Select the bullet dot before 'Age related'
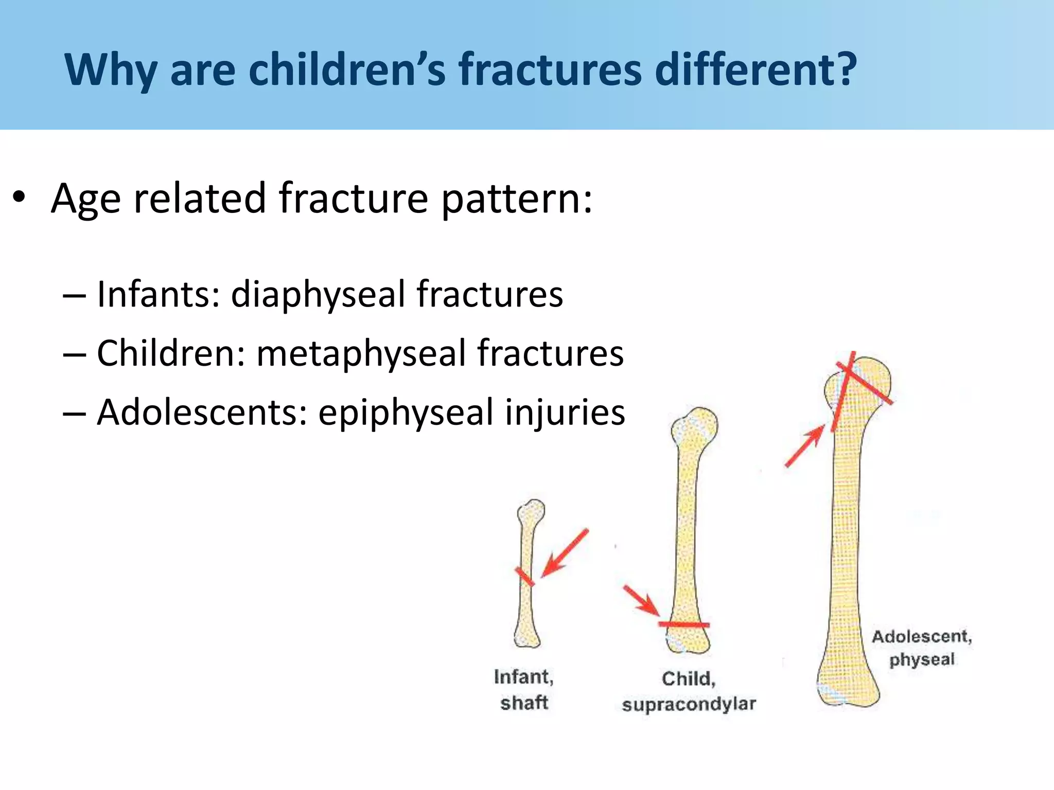point(19,198)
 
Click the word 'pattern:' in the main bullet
point(517,200)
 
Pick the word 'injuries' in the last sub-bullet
point(565,412)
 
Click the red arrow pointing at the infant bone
point(565,553)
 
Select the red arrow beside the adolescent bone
point(804,445)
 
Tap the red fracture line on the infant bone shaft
point(524,577)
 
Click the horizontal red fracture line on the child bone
point(684,624)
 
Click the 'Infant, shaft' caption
point(524,690)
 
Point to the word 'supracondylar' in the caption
point(689,704)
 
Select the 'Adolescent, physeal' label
point(922,648)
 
